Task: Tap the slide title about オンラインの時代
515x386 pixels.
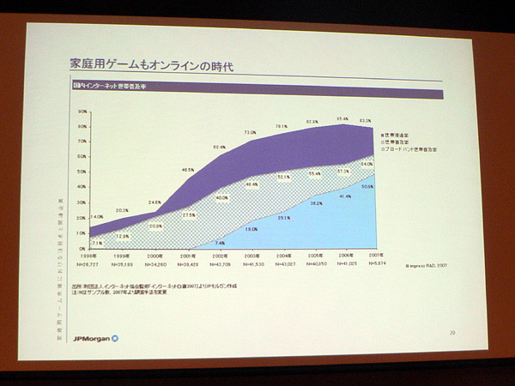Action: pyautogui.click(x=150, y=64)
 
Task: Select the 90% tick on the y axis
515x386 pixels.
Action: pyautogui.click(x=83, y=112)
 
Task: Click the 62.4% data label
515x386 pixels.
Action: pyautogui.click(x=219, y=148)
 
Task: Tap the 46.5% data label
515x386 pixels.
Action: pyautogui.click(x=187, y=171)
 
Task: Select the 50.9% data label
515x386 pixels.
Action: pyautogui.click(x=367, y=186)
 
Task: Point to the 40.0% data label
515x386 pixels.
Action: pyautogui.click(x=221, y=198)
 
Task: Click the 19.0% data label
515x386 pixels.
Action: pyautogui.click(x=251, y=229)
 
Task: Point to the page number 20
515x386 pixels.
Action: pyautogui.click(x=451, y=332)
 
